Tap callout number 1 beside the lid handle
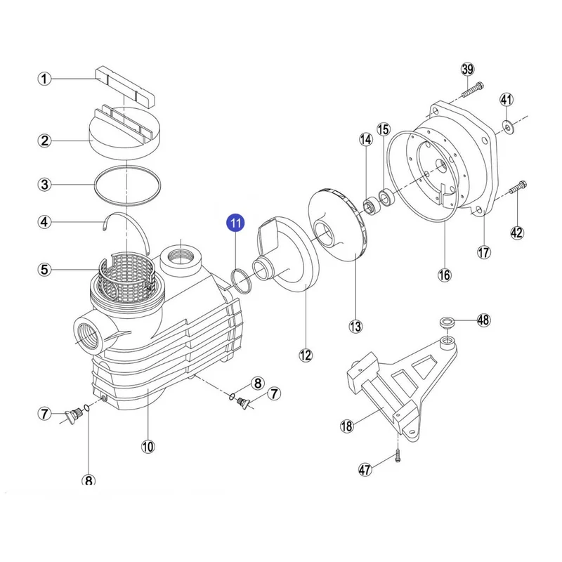click(45, 79)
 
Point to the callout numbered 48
click(483, 321)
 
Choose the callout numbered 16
click(444, 275)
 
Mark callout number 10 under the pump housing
click(148, 445)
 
